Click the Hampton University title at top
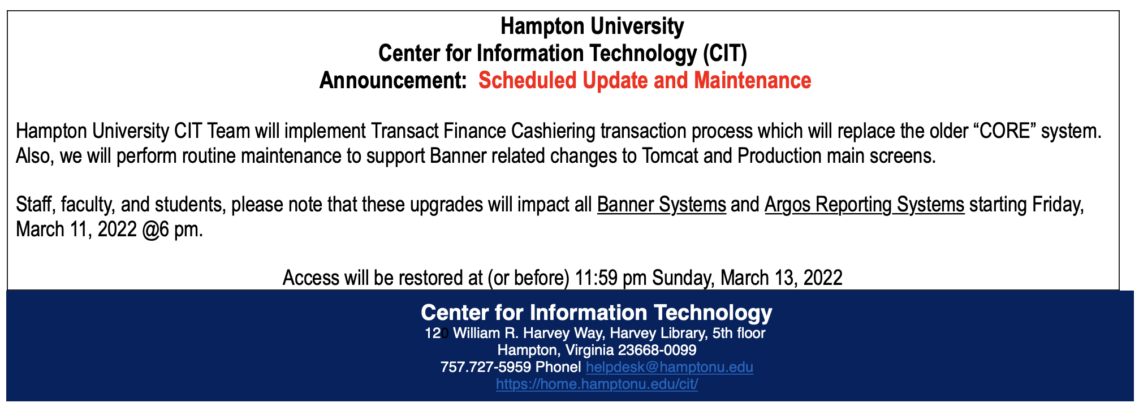[592, 26]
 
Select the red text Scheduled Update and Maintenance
[645, 80]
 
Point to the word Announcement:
[393, 80]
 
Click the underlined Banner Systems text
[662, 204]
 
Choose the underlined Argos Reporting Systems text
[865, 204]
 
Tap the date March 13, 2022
[782, 278]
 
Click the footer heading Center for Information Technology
[597, 313]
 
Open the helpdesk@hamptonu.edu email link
[670, 367]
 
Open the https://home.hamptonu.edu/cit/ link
[597, 384]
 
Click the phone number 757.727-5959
[486, 367]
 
